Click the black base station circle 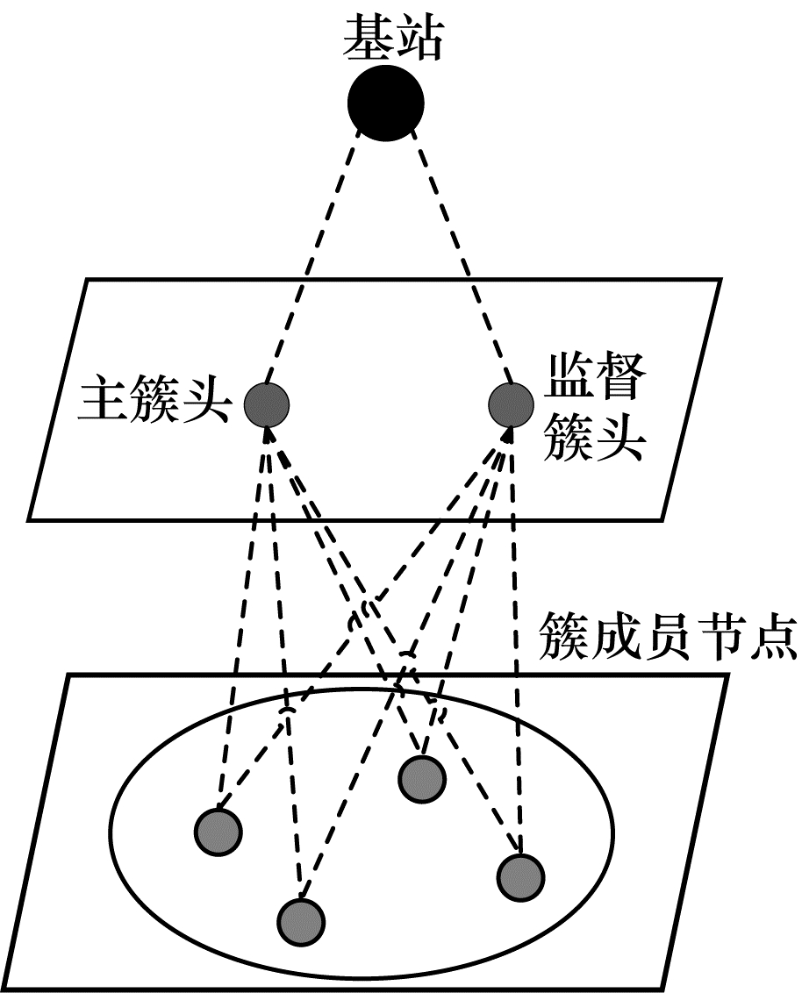click(x=386, y=103)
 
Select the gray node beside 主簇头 click(x=266, y=404)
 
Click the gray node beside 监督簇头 click(x=511, y=404)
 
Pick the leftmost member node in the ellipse click(x=218, y=830)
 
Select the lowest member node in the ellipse click(x=301, y=919)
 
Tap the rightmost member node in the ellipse click(x=520, y=875)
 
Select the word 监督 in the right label click(x=596, y=377)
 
